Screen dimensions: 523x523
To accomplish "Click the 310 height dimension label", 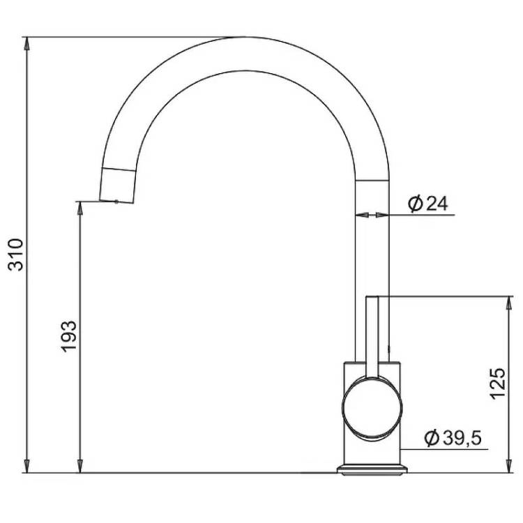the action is (15, 255).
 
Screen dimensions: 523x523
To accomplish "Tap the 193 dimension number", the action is (69, 337).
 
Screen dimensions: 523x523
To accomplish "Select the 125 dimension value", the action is (497, 384).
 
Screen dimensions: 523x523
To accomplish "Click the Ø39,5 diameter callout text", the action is (453, 438).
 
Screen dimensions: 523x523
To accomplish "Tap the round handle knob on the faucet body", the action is (372, 407).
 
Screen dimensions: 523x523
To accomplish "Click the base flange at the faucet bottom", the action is (372, 469).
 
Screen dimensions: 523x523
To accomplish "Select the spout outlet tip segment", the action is (118, 185).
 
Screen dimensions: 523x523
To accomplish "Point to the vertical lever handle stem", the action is (372, 337).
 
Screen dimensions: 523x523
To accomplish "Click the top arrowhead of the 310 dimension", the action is (26, 43).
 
